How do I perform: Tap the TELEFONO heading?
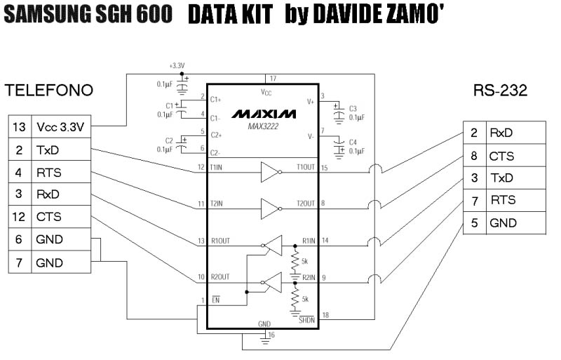point(49,91)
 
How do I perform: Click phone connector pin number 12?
point(19,217)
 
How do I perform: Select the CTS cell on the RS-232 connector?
point(501,156)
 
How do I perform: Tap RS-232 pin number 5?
point(474,223)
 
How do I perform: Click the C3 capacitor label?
point(353,109)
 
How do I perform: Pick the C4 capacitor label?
point(353,142)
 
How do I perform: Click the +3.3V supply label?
point(177,66)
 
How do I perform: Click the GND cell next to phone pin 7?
point(49,262)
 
